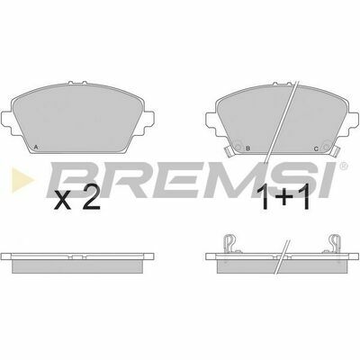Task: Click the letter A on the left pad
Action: [x=36, y=147]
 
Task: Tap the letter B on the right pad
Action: [x=247, y=148]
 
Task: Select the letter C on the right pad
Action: [x=316, y=148]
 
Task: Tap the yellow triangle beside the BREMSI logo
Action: [x=22, y=180]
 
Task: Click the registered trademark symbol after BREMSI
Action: [x=344, y=166]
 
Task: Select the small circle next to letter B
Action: [x=238, y=148]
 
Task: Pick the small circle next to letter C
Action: [x=326, y=148]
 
